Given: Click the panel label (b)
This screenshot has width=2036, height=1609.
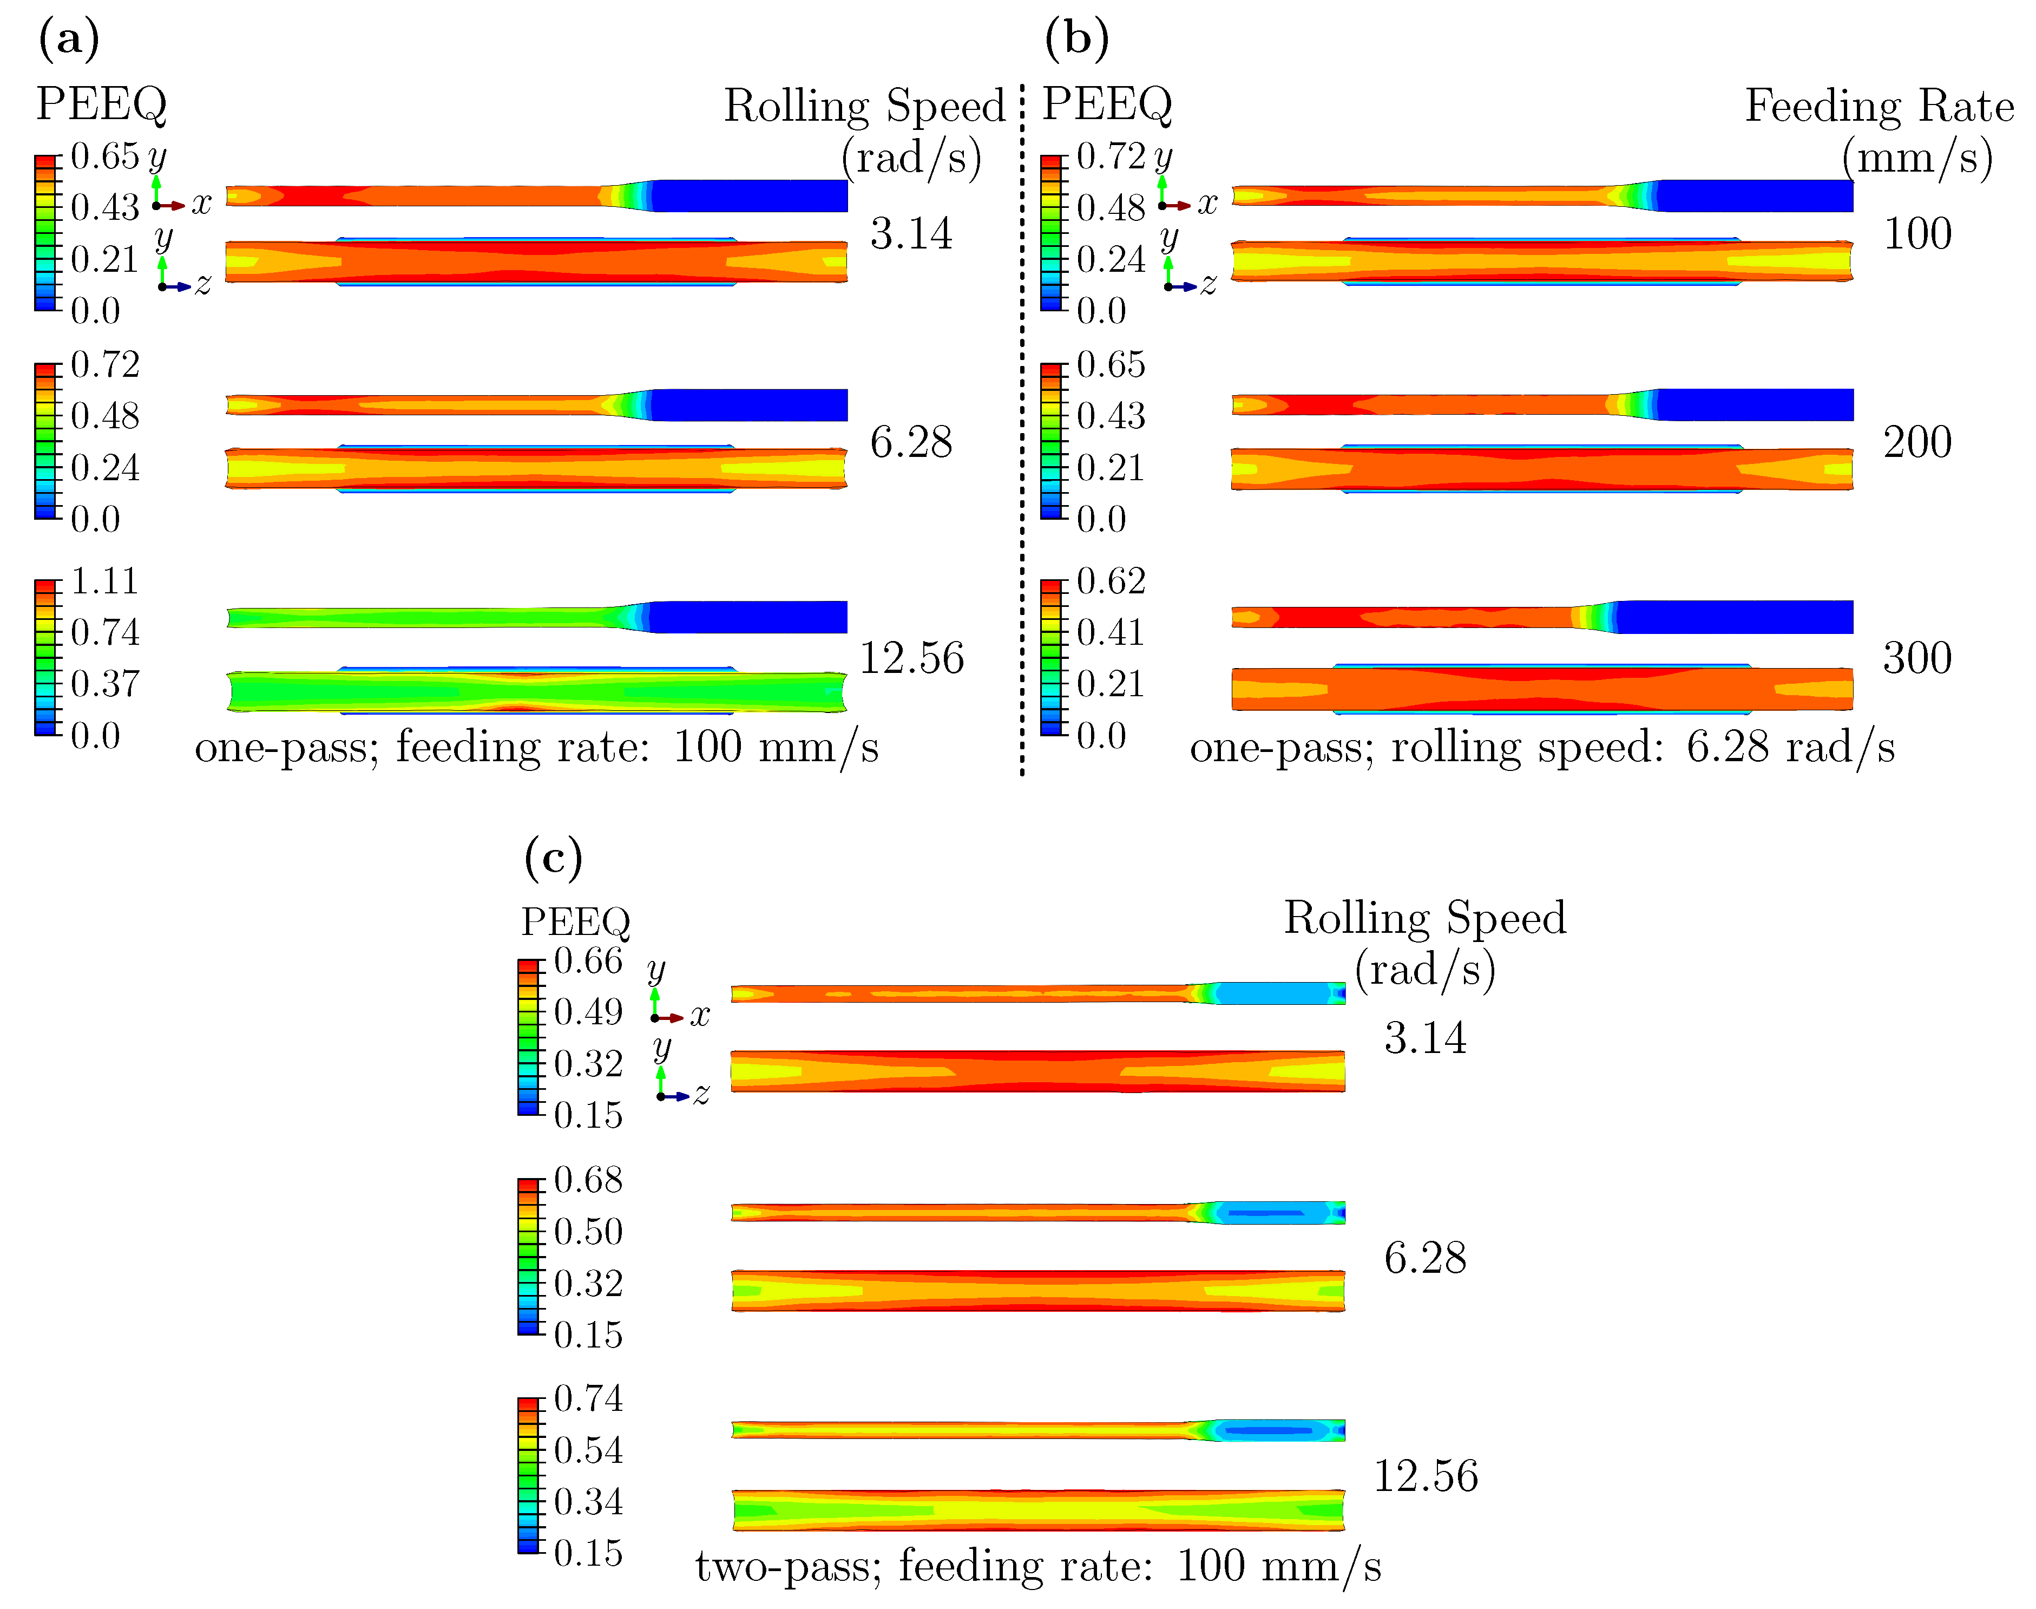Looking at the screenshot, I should (1076, 40).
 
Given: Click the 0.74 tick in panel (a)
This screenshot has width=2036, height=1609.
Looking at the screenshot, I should (104, 632).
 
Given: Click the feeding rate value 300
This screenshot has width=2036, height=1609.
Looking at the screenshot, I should (1916, 658).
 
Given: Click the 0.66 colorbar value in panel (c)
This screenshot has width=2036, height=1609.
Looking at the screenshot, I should (588, 961).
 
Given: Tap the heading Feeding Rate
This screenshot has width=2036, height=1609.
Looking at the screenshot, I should (1879, 106).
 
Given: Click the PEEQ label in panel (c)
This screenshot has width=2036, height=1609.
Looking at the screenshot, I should (575, 921).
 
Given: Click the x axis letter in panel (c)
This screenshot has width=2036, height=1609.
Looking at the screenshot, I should (700, 1016).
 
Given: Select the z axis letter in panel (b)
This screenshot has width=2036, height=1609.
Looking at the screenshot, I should (1208, 284).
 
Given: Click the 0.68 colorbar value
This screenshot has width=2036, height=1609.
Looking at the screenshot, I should (588, 1180).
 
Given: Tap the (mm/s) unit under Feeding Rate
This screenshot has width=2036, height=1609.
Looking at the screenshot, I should (1916, 158).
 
